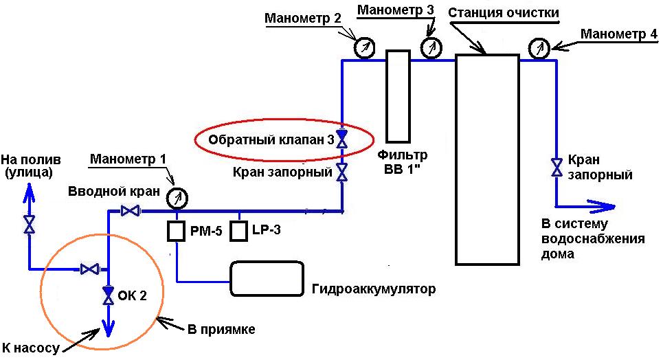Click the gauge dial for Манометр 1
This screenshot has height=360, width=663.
178,198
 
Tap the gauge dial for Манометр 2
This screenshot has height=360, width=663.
363,47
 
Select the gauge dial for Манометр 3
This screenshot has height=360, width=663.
431,48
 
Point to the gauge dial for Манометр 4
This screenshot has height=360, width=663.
539,48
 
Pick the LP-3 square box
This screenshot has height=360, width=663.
238,231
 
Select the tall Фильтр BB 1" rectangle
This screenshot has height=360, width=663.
397,96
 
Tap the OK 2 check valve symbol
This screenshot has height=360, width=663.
108,295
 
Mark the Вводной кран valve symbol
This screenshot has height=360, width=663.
128,211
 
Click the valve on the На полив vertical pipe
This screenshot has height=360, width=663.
30,225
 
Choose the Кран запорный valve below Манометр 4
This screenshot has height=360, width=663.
555,167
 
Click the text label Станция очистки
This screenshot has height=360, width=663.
503,12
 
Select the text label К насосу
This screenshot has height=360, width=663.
32,349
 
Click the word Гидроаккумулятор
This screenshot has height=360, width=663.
374,289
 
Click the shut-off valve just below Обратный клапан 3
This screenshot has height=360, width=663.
341,171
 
